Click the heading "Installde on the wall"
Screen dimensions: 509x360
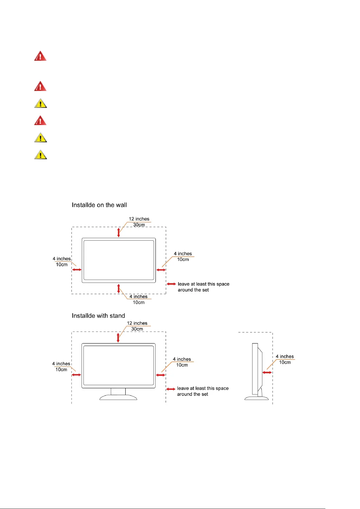[99, 205]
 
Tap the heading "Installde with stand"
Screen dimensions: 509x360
[98, 316]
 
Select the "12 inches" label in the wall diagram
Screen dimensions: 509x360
[139, 219]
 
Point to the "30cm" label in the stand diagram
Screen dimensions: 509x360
[137, 329]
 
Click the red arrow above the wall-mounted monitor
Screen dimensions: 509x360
[119, 232]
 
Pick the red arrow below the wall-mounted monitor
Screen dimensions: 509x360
[119, 288]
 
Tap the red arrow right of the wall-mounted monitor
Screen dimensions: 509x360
[161, 270]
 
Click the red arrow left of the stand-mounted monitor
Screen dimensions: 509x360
[76, 375]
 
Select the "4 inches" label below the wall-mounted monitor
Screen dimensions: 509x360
[138, 297]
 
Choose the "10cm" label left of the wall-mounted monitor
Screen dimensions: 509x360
[62, 265]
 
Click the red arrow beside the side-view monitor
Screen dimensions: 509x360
[267, 372]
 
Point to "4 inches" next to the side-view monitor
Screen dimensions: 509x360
[284, 356]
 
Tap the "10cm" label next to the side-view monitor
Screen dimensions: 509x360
[284, 362]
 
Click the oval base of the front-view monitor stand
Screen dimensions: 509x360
[118, 397]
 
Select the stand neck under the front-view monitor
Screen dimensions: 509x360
[118, 391]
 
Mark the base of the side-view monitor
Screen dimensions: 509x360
[256, 398]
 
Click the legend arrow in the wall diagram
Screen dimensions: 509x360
[172, 284]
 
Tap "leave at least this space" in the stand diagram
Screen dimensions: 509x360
[203, 388]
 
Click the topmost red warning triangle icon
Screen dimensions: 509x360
[40, 56]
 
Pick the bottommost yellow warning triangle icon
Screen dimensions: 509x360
[40, 155]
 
